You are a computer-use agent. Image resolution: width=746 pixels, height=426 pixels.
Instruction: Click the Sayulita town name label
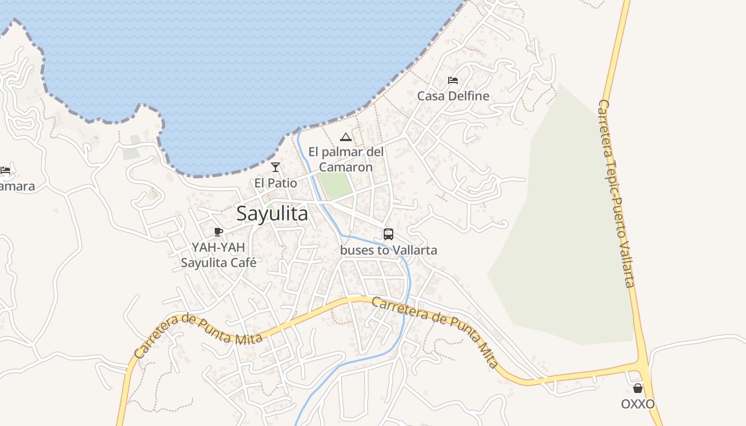(272, 214)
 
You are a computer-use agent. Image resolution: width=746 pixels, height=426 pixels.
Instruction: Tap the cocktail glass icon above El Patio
(275, 167)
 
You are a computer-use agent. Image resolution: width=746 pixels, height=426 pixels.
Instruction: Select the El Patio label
(275, 183)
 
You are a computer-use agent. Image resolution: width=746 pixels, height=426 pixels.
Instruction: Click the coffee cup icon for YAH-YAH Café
(218, 232)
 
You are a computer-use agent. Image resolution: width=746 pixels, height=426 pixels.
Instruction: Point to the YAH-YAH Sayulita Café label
(218, 255)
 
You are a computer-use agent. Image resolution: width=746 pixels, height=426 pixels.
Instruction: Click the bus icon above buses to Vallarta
(388, 234)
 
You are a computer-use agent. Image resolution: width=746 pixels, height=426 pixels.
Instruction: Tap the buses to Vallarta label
(388, 250)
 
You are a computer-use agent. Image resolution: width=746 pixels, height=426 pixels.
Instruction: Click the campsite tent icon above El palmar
(346, 137)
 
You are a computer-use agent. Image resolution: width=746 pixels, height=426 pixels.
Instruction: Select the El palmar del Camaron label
(346, 159)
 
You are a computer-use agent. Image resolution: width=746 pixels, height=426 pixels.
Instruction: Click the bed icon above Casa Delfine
(453, 80)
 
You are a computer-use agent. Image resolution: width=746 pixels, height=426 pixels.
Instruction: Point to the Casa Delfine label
(453, 96)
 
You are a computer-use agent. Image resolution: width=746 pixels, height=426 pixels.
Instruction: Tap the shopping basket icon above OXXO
(638, 388)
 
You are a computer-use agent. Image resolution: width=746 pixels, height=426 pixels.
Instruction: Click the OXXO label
(638, 404)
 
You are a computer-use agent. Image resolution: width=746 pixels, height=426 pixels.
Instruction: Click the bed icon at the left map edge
(5, 170)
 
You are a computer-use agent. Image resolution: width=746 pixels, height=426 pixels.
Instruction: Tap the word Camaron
(346, 167)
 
